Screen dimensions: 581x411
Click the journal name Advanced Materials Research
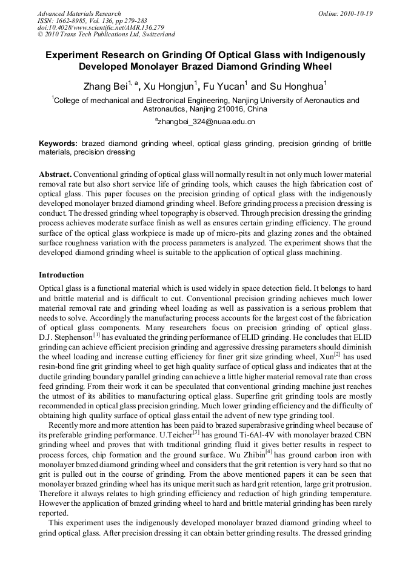79,13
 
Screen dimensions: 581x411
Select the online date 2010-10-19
355,13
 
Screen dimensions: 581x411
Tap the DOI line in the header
101,28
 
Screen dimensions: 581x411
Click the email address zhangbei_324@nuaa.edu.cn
206,122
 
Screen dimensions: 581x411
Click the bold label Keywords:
58,144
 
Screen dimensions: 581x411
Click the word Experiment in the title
72,55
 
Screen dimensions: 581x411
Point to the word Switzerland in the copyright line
155,35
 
